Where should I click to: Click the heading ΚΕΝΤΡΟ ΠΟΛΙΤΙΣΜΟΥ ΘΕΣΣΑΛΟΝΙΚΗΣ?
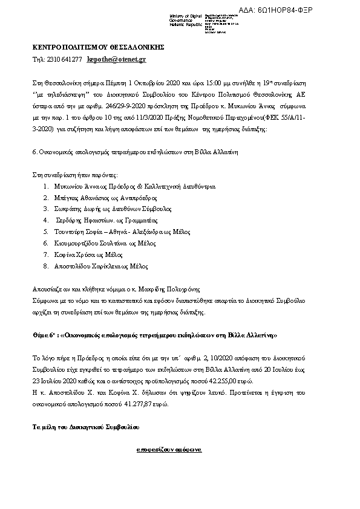(97, 47)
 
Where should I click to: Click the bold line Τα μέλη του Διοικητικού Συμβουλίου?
(85, 427)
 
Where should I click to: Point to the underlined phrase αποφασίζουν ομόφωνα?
(169, 450)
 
